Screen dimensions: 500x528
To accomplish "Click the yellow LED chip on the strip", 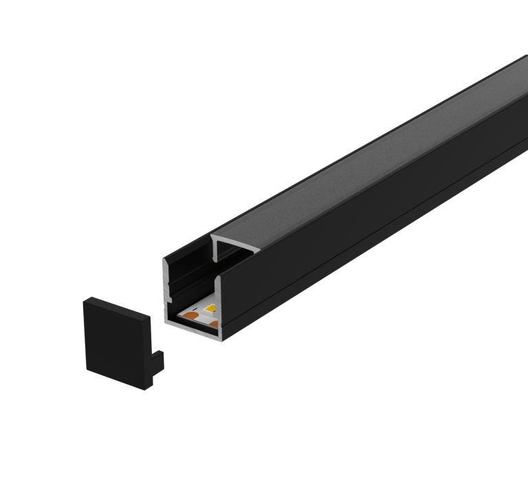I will [210, 308].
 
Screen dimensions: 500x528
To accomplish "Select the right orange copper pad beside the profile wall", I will [214, 323].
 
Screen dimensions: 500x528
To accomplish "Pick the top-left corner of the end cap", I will [85, 299].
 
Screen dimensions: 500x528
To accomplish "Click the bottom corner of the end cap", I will [145, 389].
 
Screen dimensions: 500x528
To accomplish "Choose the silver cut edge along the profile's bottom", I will [192, 329].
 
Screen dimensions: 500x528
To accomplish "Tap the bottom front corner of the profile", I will [221, 339].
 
